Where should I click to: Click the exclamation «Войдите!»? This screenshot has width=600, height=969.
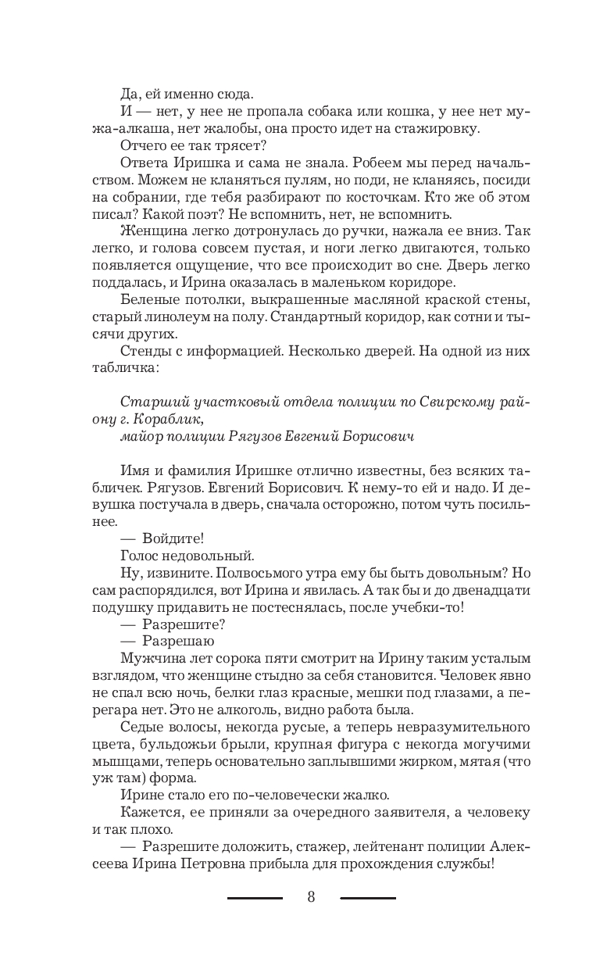(x=173, y=538)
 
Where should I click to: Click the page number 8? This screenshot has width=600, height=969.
(x=312, y=897)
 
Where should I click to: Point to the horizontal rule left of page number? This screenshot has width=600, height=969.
(x=255, y=898)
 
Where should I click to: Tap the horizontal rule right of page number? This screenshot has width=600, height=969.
(x=369, y=898)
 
